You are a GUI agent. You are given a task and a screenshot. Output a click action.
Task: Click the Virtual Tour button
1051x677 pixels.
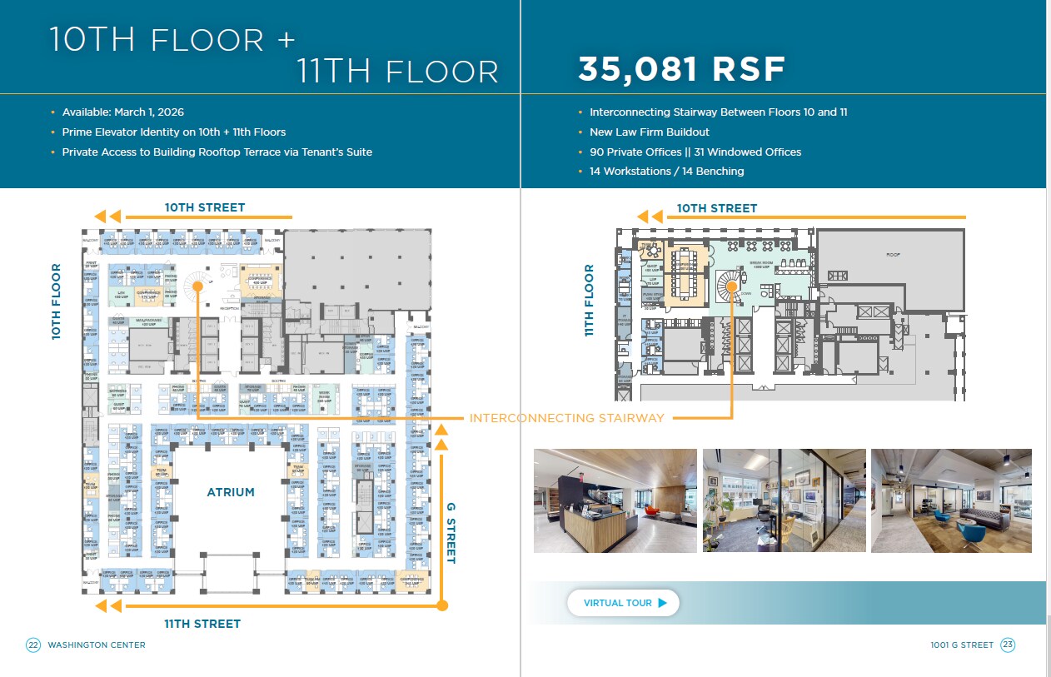click(623, 603)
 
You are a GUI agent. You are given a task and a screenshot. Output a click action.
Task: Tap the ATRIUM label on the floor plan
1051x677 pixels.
click(231, 492)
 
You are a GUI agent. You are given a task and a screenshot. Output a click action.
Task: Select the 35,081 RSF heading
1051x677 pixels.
click(681, 70)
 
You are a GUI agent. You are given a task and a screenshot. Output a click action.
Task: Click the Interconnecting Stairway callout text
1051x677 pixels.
click(567, 418)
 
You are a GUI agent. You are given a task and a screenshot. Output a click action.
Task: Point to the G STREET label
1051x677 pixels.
click(451, 533)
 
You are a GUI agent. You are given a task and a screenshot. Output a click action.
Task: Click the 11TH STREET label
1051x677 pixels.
click(202, 624)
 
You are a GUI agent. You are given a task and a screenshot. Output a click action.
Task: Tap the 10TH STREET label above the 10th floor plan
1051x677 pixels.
click(205, 207)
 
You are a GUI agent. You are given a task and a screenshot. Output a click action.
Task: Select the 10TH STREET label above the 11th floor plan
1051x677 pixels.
click(716, 208)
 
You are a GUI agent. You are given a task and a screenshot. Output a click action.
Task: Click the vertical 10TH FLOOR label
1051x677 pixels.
click(57, 301)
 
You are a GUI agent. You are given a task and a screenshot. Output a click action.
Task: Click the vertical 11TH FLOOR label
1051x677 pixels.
click(590, 300)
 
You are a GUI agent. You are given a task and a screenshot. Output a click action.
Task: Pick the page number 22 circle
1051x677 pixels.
click(33, 645)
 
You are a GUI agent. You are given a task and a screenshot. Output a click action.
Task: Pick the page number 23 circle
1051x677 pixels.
click(1008, 645)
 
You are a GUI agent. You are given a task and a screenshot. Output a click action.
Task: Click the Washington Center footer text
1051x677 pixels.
click(97, 645)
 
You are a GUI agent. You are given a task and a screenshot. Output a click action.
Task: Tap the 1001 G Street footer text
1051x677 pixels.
click(962, 645)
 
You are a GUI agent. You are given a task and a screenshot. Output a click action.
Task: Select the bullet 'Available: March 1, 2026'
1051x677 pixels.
click(123, 112)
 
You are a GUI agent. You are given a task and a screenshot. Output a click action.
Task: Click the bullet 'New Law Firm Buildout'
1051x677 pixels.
click(650, 132)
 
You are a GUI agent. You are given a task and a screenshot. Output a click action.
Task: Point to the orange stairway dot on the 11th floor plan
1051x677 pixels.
click(731, 286)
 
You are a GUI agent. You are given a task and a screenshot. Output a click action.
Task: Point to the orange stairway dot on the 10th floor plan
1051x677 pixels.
click(198, 286)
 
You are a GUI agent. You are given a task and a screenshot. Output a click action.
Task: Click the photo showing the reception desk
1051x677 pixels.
click(615, 500)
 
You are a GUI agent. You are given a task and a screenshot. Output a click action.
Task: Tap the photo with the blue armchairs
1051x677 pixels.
click(951, 500)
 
